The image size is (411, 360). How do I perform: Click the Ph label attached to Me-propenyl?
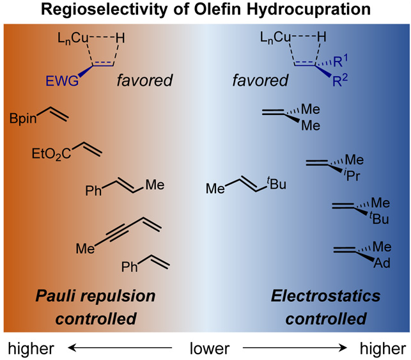tap(94, 190)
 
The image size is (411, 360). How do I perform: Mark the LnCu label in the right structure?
tap(275, 39)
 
